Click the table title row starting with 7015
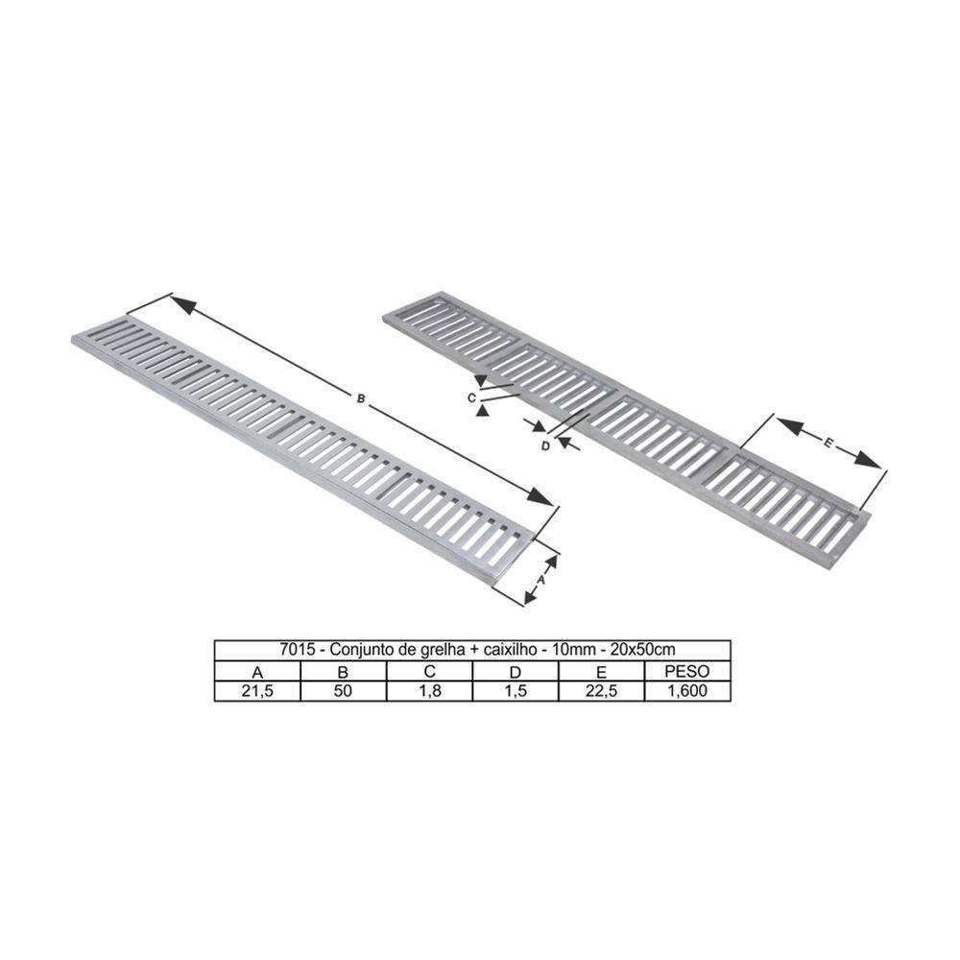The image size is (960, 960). click(x=471, y=648)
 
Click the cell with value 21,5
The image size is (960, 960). click(x=256, y=691)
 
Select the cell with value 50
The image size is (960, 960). click(x=343, y=691)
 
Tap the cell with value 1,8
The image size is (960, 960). click(x=429, y=691)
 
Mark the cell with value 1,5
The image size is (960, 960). click(x=516, y=691)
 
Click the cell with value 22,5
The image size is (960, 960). click(x=601, y=691)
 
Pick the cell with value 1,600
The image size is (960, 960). click(x=686, y=691)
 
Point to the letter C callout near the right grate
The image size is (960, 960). click(x=472, y=396)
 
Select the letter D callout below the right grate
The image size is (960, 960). click(x=545, y=444)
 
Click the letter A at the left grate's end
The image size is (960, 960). click(x=540, y=580)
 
